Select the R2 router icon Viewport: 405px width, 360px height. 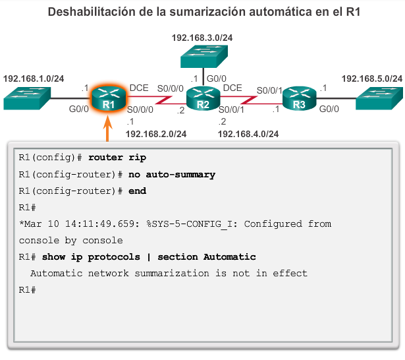click(x=202, y=98)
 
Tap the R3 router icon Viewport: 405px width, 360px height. click(x=299, y=98)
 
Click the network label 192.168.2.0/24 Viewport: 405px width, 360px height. click(x=156, y=135)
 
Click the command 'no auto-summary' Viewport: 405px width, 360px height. click(x=171, y=175)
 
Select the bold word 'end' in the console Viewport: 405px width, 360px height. click(x=137, y=191)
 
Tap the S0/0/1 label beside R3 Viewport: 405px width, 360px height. click(x=269, y=90)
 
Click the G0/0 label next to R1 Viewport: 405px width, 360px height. click(x=78, y=109)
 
